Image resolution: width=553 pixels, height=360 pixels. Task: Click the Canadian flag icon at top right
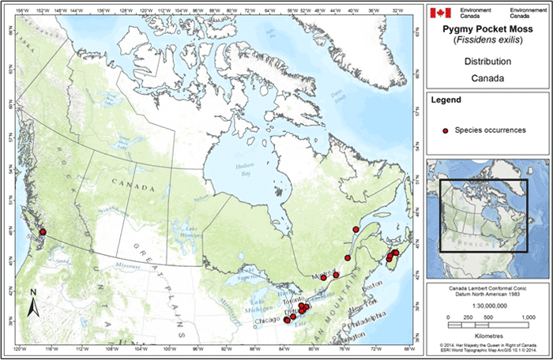[x=441, y=13]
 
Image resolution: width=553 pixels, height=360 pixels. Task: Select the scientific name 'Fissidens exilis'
[x=481, y=39]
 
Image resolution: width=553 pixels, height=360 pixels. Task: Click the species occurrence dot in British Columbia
[x=43, y=232]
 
